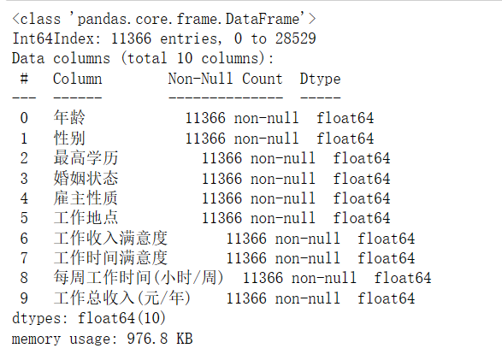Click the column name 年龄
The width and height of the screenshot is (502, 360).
click(69, 117)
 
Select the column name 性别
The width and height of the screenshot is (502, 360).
click(69, 138)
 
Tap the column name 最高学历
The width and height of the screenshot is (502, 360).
click(86, 158)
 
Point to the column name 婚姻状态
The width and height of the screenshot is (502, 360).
click(86, 178)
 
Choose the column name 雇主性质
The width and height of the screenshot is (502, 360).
click(86, 198)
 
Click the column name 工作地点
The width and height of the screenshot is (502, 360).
click(86, 218)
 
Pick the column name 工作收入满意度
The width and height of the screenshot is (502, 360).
click(110, 239)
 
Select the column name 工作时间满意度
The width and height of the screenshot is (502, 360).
click(110, 258)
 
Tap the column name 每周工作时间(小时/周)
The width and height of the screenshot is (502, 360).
click(139, 278)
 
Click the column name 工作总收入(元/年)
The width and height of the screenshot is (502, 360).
click(122, 298)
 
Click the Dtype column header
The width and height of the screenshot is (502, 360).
click(320, 79)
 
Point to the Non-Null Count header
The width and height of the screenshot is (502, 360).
click(226, 79)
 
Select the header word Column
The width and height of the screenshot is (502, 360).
click(78, 79)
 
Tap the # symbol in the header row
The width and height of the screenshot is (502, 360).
click(24, 79)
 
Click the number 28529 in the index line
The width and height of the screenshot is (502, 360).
click(296, 38)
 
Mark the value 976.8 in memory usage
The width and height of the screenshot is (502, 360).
click(147, 339)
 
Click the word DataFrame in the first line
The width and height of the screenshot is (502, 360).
click(263, 19)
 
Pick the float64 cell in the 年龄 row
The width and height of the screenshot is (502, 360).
click(345, 118)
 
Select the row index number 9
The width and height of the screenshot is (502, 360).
click(24, 298)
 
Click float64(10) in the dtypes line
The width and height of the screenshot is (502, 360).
click(121, 318)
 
